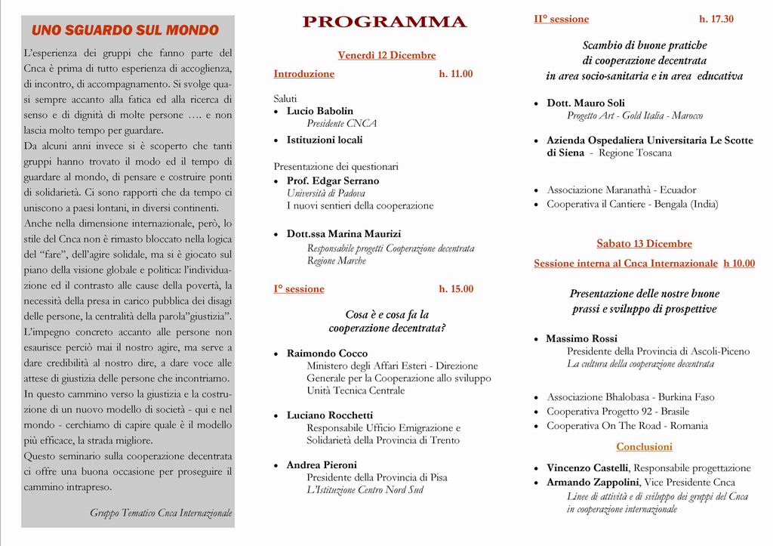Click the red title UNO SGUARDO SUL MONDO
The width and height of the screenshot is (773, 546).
(125, 31)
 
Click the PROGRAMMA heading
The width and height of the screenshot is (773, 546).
(385, 23)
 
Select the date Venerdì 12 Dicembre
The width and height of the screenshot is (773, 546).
(386, 55)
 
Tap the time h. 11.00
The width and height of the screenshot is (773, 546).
(456, 74)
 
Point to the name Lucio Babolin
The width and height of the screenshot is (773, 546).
(319, 111)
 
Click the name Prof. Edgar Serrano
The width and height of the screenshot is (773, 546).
(333, 181)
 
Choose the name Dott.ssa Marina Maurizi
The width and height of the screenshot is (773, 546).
(343, 234)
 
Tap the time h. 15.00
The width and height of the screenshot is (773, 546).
(456, 289)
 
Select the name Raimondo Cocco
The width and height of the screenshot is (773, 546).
(327, 353)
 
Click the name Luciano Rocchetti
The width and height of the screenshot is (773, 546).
(330, 415)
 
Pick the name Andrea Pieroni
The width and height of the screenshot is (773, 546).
(322, 465)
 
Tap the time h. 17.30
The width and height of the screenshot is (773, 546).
(716, 20)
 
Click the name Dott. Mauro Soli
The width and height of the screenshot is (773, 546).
(586, 103)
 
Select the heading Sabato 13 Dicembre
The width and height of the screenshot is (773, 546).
(644, 244)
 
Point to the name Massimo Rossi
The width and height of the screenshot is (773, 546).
(581, 339)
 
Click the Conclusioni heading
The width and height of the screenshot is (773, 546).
(644, 447)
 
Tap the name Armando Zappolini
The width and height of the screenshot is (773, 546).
(593, 483)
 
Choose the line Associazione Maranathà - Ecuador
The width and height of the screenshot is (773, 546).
(621, 190)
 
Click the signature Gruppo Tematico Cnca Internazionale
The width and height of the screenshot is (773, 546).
(161, 513)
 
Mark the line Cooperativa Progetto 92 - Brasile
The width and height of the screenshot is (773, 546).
(618, 412)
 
